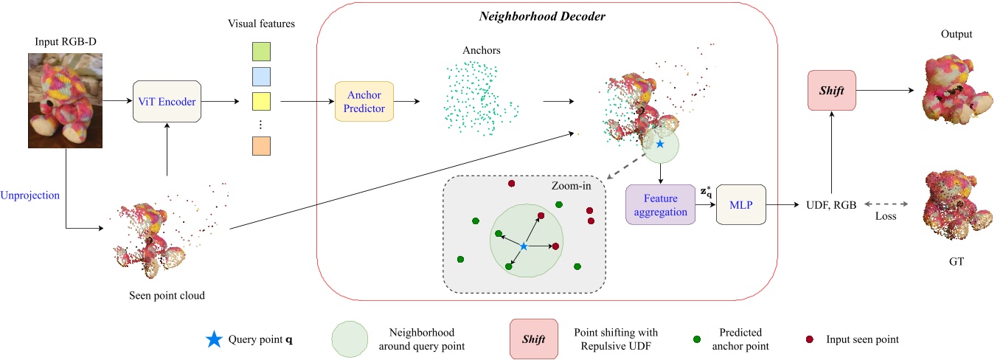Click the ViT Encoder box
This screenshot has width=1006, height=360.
[x=167, y=101]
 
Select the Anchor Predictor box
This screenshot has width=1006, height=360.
[x=364, y=102]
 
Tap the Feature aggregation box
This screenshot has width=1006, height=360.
[x=660, y=204]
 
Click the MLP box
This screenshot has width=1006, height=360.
[x=741, y=204]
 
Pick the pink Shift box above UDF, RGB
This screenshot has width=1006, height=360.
[x=832, y=90]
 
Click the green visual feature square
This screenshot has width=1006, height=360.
[x=261, y=52]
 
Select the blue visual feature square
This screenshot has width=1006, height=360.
[x=261, y=77]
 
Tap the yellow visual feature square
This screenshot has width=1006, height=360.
[x=261, y=102]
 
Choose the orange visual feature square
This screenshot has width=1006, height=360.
[x=261, y=146]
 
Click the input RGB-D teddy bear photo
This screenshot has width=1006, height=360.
[x=65, y=100]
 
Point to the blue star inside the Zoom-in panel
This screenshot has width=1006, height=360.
[x=524, y=246]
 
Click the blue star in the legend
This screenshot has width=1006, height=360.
[x=214, y=339]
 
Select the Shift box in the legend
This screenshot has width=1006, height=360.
[x=533, y=339]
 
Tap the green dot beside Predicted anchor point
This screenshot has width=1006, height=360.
[x=697, y=339]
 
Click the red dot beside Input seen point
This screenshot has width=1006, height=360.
[x=809, y=339]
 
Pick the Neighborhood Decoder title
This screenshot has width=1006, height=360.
[x=542, y=17]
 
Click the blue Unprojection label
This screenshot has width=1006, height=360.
[x=30, y=195]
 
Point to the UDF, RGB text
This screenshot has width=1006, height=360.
[x=831, y=205]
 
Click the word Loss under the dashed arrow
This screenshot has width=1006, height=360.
[x=886, y=216]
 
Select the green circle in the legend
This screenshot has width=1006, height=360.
[x=350, y=339]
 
